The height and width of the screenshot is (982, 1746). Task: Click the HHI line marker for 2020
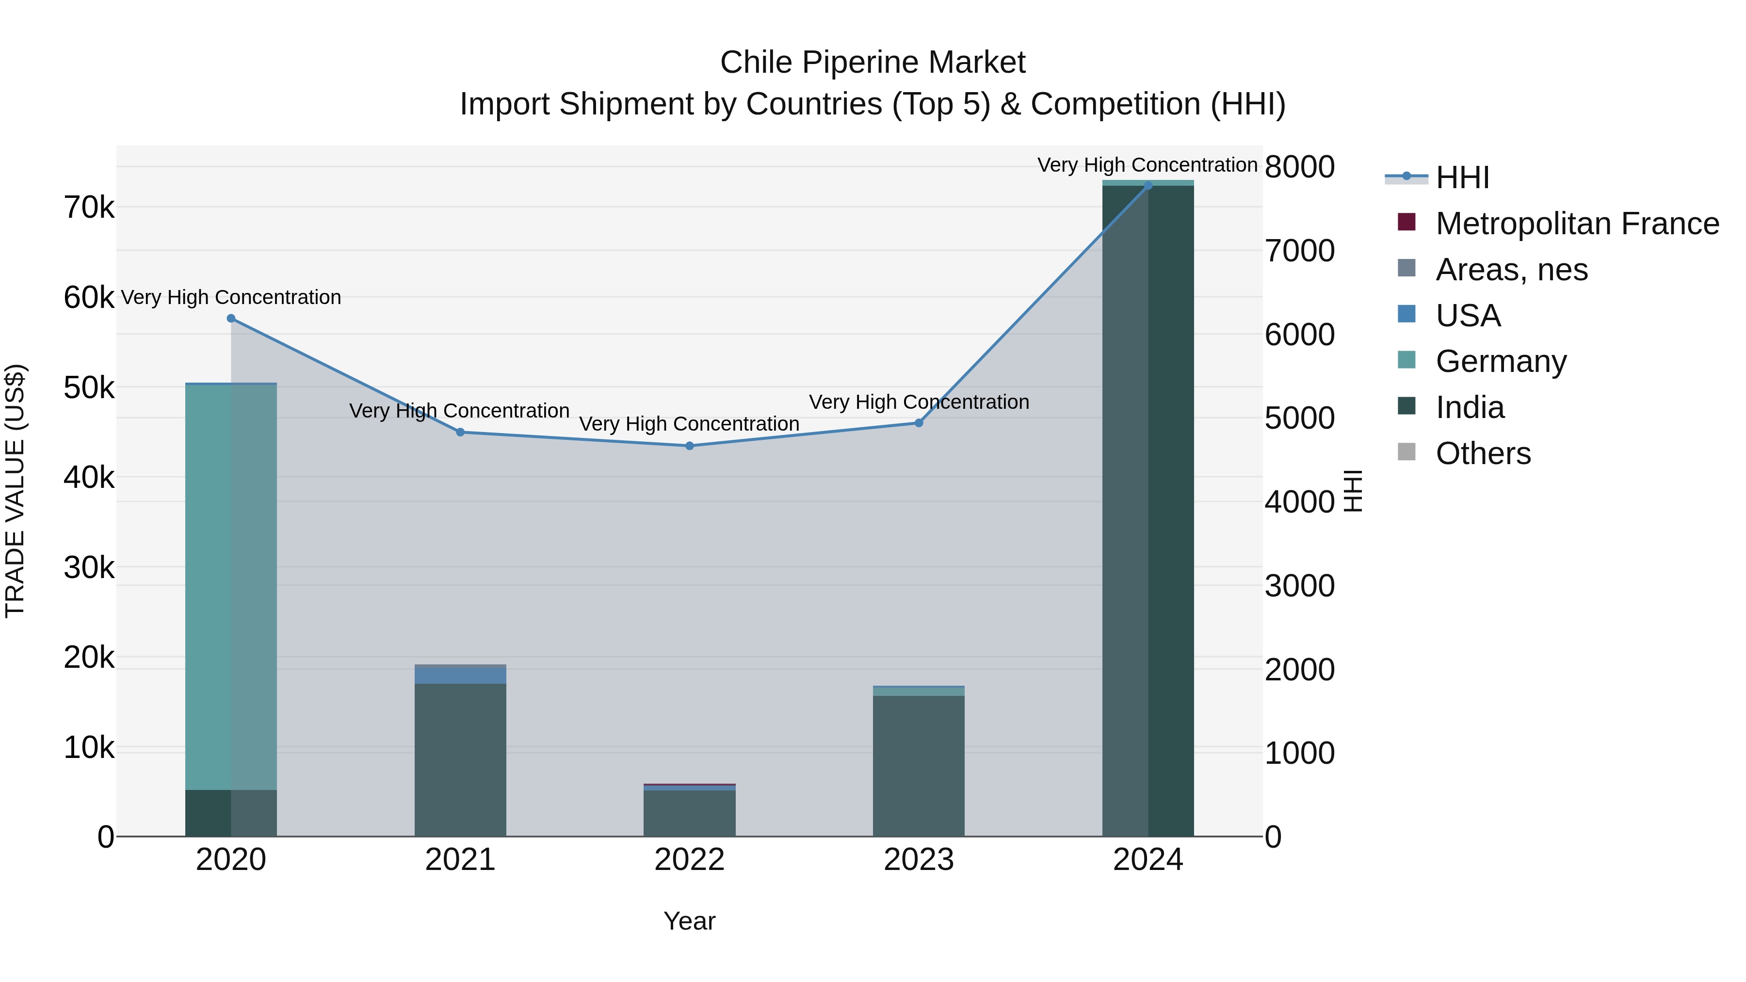click(231, 319)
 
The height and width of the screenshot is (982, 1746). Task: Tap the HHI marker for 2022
click(689, 446)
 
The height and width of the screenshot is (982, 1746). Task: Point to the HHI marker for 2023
click(919, 423)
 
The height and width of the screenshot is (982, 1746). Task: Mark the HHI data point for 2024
click(1148, 186)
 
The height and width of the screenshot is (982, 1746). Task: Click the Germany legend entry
click(1501, 361)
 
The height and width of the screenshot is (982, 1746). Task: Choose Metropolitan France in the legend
click(1577, 224)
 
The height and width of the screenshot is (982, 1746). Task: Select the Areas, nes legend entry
click(1511, 270)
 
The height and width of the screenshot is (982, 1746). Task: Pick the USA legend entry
click(1468, 316)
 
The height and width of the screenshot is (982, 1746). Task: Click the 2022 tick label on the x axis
click(689, 860)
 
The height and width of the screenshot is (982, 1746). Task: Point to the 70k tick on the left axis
click(89, 208)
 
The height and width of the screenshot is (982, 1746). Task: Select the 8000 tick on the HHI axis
click(1299, 167)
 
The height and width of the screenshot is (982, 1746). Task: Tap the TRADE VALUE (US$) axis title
click(16, 491)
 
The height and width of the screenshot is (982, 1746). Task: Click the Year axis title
click(689, 921)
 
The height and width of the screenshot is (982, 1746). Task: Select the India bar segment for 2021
click(460, 759)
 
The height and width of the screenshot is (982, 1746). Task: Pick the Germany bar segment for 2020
click(231, 586)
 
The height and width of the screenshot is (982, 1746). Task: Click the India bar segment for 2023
click(919, 766)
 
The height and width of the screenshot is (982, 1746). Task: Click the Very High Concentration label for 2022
click(689, 424)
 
